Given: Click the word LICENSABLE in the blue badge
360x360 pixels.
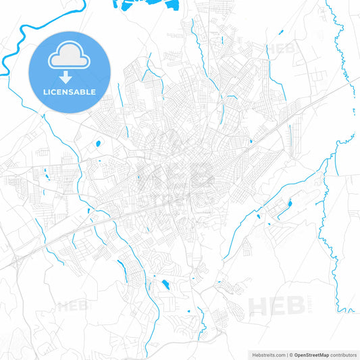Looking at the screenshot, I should pyautogui.click(x=70, y=92).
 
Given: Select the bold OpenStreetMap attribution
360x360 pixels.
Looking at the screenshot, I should pyautogui.click(x=311, y=354).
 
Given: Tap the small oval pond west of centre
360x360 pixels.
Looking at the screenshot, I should pyautogui.click(x=98, y=143).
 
